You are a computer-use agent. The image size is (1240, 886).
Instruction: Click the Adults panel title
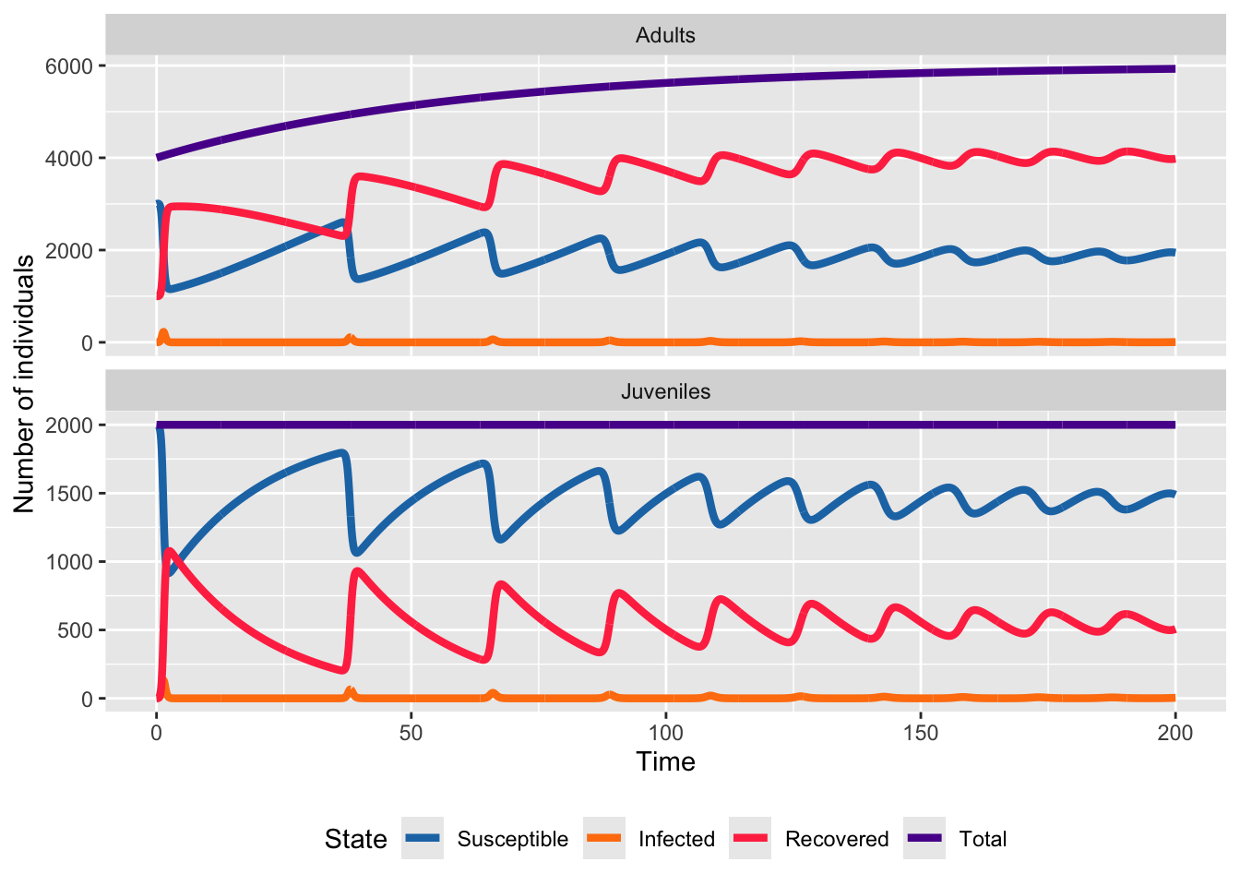(665, 36)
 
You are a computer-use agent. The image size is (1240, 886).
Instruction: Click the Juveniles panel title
(665, 391)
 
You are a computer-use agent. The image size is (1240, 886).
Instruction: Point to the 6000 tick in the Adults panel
(74, 66)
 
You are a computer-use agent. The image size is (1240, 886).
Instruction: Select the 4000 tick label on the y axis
(74, 159)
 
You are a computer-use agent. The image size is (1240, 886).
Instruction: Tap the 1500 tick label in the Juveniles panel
(74, 494)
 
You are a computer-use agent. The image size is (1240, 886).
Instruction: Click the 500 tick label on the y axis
(79, 630)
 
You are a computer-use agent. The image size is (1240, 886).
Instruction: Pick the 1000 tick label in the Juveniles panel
(74, 562)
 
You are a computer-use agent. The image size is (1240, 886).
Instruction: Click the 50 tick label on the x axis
(411, 734)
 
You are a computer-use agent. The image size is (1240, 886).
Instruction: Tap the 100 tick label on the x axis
(665, 734)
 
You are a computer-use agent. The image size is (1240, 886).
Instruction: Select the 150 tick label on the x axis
(920, 734)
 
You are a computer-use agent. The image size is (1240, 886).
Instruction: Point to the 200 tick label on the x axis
(1174, 734)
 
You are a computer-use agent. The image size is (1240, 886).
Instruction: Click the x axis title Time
(665, 762)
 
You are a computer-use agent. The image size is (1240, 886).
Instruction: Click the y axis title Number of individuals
(24, 383)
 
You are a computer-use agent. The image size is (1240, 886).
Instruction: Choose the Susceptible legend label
(512, 839)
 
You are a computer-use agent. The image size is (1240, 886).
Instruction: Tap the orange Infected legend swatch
(604, 838)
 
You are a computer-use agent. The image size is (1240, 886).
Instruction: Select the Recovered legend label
(837, 839)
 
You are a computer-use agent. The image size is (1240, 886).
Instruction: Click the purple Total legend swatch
(924, 838)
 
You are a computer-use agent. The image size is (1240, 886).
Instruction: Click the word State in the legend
(355, 839)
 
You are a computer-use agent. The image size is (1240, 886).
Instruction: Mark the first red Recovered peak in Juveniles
(170, 552)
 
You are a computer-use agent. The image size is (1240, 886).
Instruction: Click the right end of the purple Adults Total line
(1174, 68)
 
